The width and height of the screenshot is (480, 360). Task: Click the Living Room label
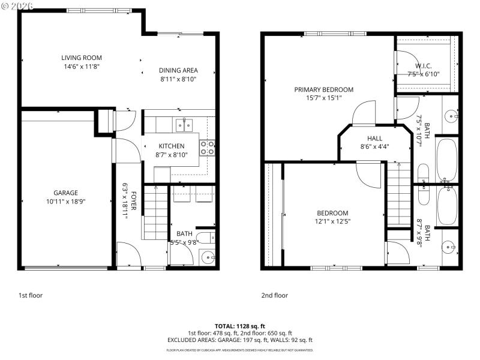tap(82, 58)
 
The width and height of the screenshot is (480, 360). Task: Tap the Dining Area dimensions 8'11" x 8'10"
tap(178, 79)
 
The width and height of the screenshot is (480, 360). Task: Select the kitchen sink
tap(184, 125)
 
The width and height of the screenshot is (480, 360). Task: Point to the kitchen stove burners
tap(208, 148)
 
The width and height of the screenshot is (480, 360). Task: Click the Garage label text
tap(66, 193)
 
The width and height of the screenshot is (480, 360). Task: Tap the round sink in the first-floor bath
tap(208, 257)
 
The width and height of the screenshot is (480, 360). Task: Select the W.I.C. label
tap(424, 66)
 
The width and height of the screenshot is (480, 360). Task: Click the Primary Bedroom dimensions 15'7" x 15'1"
tap(323, 98)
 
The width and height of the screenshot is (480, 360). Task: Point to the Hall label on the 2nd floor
tap(367, 138)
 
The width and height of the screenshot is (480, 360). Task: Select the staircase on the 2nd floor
tap(397, 195)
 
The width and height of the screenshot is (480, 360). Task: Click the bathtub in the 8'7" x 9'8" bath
tap(446, 206)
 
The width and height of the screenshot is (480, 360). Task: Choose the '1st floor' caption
tap(31, 295)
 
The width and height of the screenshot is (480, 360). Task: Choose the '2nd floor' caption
tap(274, 295)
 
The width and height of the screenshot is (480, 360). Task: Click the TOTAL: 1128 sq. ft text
tap(239, 326)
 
